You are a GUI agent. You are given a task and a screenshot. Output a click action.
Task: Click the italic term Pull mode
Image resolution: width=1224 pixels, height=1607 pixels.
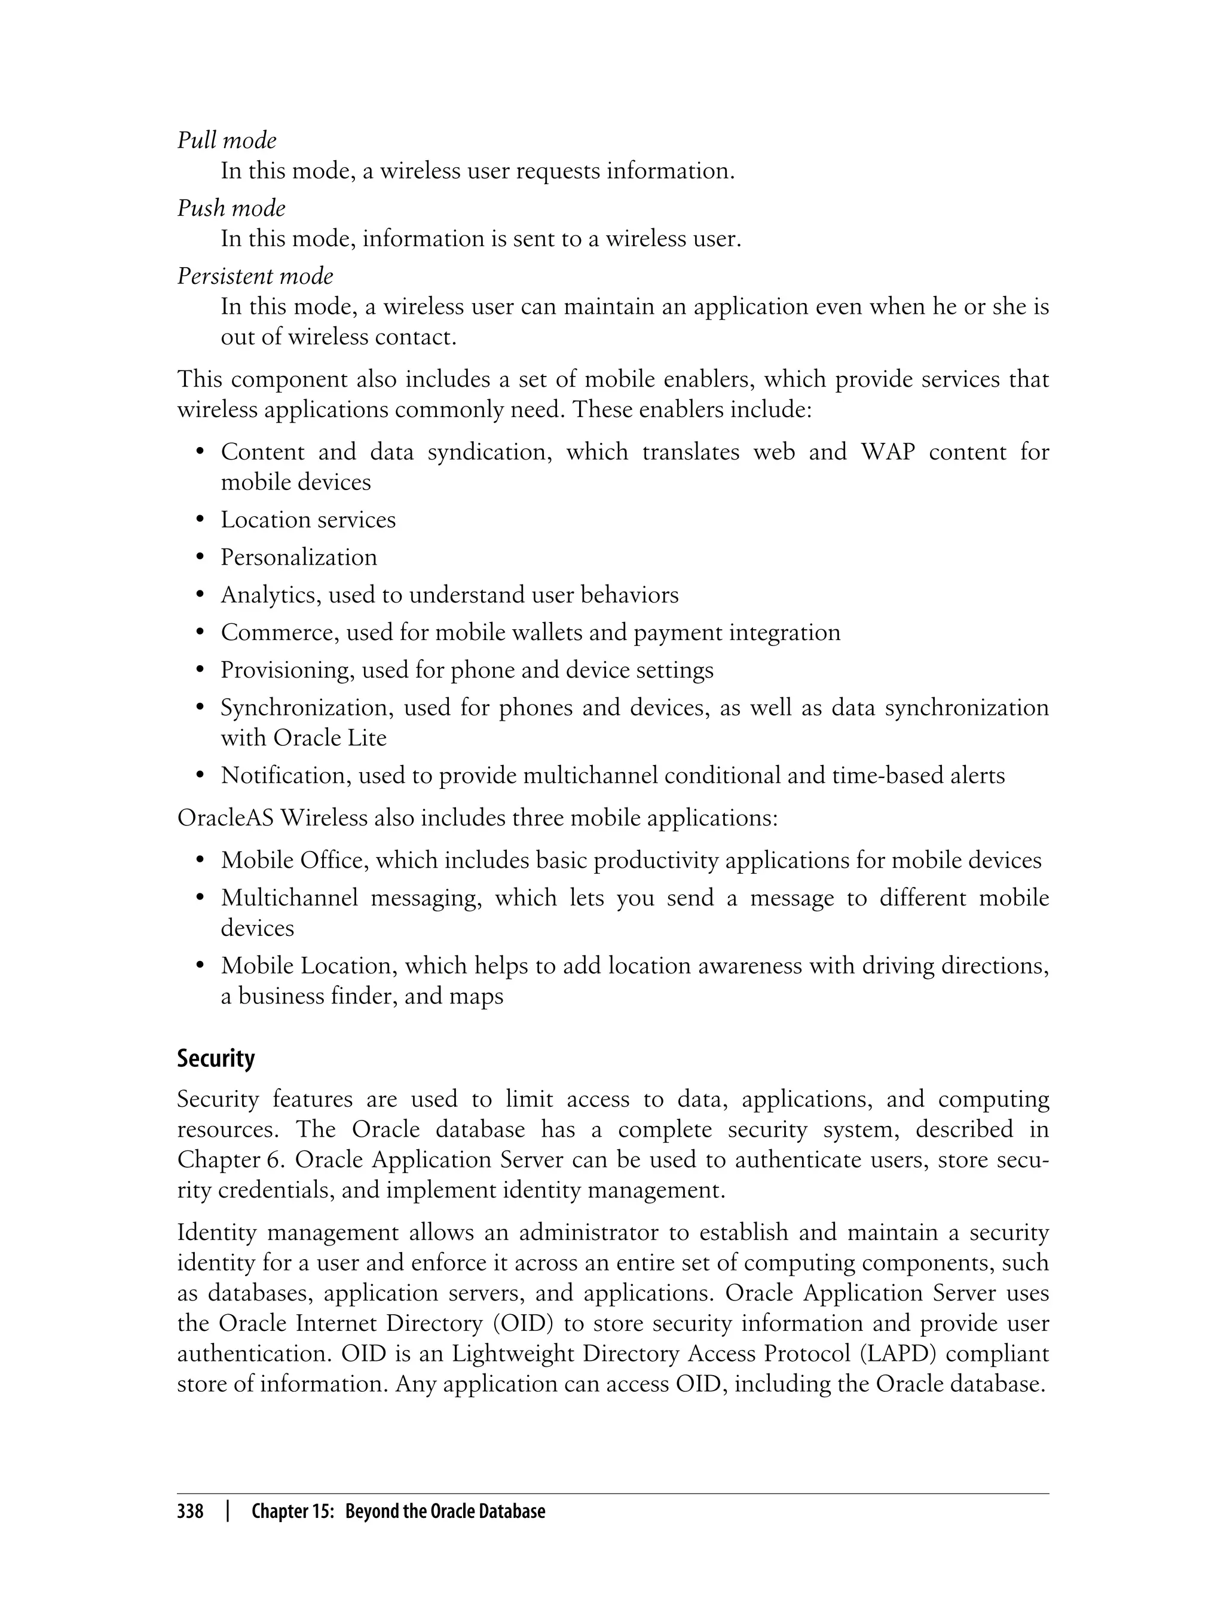pyautogui.click(x=227, y=140)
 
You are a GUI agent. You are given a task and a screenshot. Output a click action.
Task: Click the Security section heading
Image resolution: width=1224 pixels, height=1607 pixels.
pyautogui.click(x=216, y=1058)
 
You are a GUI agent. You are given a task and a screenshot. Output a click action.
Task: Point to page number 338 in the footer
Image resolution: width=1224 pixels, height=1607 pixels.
pyautogui.click(x=190, y=1511)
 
